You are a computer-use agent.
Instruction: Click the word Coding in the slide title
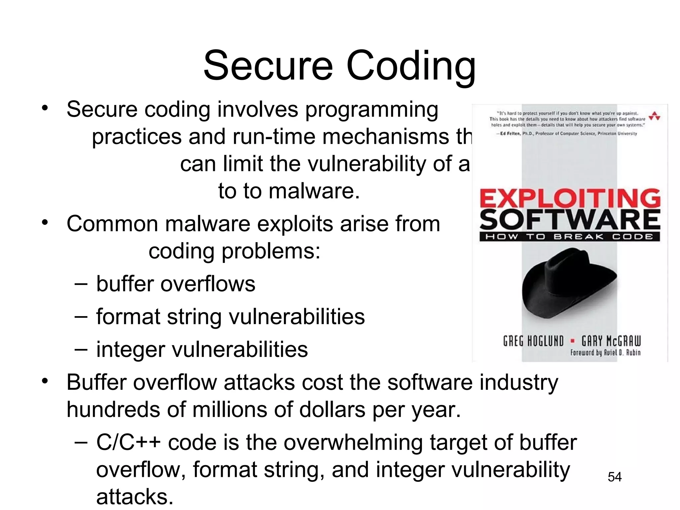point(411,66)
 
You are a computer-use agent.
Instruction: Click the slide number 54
point(615,477)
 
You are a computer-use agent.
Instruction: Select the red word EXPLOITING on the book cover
point(570,198)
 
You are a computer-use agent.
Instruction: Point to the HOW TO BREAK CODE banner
point(570,237)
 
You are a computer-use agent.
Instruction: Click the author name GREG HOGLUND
point(533,341)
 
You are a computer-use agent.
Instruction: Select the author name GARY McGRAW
point(611,341)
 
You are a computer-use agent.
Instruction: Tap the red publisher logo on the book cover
point(654,116)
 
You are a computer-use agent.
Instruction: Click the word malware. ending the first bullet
point(314,191)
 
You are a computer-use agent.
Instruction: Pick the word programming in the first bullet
point(372,110)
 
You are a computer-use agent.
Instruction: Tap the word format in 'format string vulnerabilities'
point(128,317)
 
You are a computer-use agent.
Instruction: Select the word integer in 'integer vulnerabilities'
point(130,350)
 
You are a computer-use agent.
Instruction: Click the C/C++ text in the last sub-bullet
point(128,443)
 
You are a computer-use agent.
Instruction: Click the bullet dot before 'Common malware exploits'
point(45,222)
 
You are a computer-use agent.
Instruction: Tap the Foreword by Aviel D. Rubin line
point(605,353)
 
